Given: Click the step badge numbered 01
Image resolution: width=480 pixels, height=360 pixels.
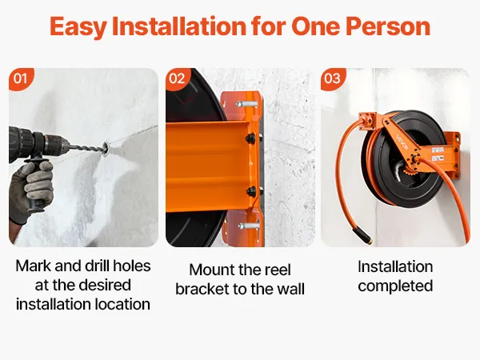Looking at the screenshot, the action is click(21, 78).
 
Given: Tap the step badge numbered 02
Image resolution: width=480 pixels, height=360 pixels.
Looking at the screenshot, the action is click(178, 78).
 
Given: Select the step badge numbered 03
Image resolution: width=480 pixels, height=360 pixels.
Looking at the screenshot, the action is click(333, 78).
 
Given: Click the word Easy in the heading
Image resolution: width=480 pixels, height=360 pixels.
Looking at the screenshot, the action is click(78, 27).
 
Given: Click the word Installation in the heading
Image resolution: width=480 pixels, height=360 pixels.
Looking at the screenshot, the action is click(179, 26).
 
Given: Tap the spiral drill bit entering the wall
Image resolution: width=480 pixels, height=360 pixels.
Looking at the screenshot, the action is click(88, 149).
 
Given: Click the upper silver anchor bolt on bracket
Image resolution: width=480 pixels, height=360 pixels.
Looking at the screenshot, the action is click(246, 103).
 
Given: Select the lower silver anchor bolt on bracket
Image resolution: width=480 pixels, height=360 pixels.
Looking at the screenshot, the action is click(248, 226).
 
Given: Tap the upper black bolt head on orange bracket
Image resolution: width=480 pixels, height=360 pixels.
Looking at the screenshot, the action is click(251, 138).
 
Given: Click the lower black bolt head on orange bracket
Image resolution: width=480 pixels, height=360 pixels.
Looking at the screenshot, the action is click(252, 191).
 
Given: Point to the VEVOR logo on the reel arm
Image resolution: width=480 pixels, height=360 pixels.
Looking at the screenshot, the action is click(402, 142).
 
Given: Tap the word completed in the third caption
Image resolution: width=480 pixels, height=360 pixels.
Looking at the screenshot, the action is click(395, 286).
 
